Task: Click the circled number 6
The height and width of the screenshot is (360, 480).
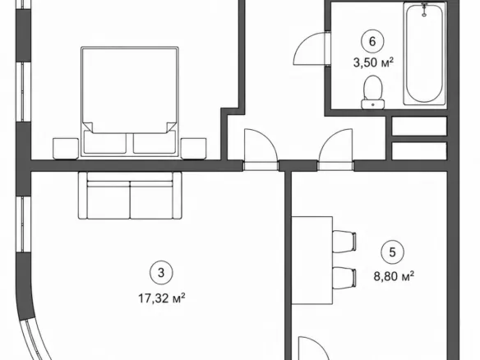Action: coord(372,41)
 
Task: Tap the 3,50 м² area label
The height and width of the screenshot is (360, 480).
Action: coord(373,62)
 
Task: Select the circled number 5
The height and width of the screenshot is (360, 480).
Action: coord(392,252)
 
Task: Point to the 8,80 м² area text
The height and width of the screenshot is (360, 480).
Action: coord(394,276)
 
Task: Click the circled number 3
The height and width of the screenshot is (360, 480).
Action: coord(161,272)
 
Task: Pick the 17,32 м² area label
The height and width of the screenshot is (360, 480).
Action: coord(162,298)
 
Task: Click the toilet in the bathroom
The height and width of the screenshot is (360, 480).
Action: coord(373,92)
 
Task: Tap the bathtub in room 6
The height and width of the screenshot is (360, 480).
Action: coord(424,53)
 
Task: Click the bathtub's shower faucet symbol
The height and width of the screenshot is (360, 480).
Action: coord(424,9)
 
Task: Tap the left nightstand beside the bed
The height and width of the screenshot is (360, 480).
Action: coord(66,149)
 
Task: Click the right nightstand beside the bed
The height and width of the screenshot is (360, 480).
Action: coord(193,149)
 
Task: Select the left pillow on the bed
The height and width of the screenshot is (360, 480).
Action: coord(104,142)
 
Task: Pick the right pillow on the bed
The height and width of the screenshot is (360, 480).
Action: coord(155,142)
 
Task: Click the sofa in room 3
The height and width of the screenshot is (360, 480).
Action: coord(130,196)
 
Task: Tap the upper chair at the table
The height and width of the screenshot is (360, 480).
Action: coord(344,242)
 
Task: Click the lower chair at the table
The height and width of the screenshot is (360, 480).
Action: coord(344,278)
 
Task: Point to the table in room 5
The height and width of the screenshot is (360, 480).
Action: coord(312,261)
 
